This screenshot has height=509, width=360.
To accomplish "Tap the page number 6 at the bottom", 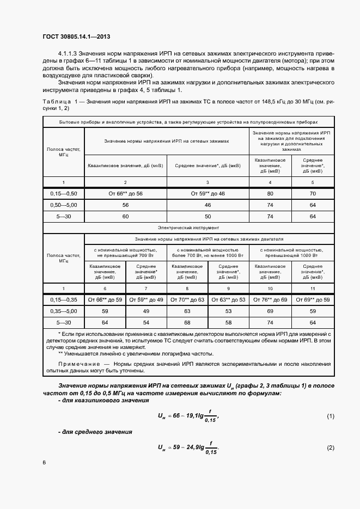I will tap(45, 463).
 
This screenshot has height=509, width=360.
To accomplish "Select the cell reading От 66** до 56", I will tap(125, 193).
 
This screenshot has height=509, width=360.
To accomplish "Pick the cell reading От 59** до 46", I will tap(208, 193).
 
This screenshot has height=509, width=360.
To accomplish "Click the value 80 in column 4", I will tap(270, 193).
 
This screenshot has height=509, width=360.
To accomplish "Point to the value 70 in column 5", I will tap(313, 193).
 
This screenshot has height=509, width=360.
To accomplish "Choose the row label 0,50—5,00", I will tap(63, 205).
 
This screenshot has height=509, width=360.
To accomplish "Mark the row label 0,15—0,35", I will tap(63, 299).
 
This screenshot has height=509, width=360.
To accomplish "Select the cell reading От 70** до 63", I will tap(187, 299).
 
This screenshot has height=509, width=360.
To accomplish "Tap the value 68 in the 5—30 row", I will tap(187, 322).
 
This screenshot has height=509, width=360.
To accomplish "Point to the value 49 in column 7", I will tap(145, 311).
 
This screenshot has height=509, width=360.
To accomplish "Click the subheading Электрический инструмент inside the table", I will tap(188, 227).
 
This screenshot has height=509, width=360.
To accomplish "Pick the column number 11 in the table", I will tap(313, 287).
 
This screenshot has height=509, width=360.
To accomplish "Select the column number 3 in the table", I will tap(208, 181).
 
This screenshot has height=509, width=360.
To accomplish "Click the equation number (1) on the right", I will tap(330, 416).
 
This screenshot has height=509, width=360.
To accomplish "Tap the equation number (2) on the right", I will tap(330, 447).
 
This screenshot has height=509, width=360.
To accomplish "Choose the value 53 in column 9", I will tap(228, 299).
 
